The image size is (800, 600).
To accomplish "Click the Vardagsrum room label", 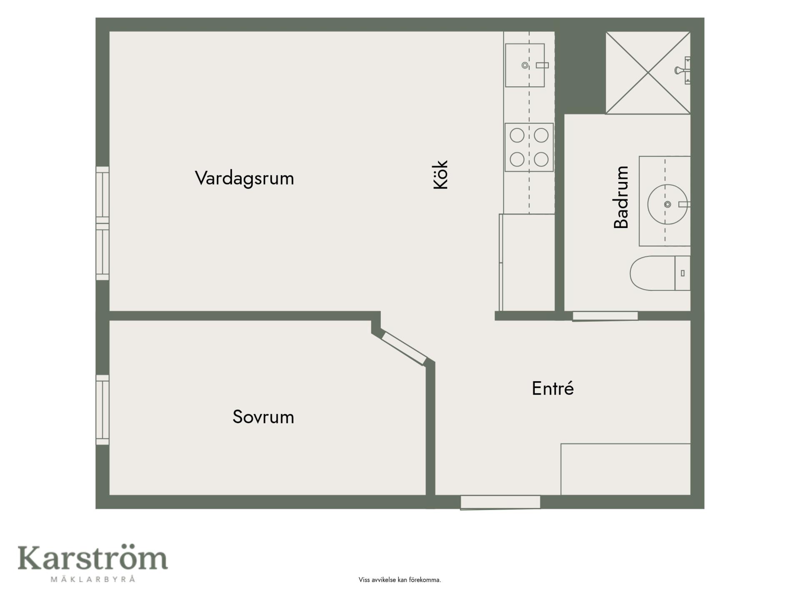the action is pos(245,178).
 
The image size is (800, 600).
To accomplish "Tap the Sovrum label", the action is pos(263,417).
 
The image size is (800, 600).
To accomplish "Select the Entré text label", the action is pos(553,388).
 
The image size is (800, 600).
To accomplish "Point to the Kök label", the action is pos(440,175).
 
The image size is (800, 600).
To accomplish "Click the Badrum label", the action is pos(621,197).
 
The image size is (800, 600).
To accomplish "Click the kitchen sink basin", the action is pos(525,65).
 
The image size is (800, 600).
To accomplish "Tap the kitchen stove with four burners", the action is pos(529,147).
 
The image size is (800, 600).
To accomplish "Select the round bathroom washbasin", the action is pos(667,204).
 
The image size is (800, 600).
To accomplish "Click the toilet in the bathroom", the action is pos(660,273).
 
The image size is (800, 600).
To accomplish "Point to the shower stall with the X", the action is pos(648,73).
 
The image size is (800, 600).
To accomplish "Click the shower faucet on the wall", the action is pos(682,70).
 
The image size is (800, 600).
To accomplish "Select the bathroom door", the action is pos(605,316).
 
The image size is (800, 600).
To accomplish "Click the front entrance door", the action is pos(500,502).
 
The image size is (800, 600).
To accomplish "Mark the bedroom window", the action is pos(102,410).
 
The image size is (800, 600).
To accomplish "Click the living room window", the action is pos(102,223).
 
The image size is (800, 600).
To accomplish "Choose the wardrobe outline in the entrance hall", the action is pos(625,470).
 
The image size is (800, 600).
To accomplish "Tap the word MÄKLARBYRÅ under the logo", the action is pos(93,579).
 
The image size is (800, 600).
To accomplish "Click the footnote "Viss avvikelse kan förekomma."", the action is pos(400,580).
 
